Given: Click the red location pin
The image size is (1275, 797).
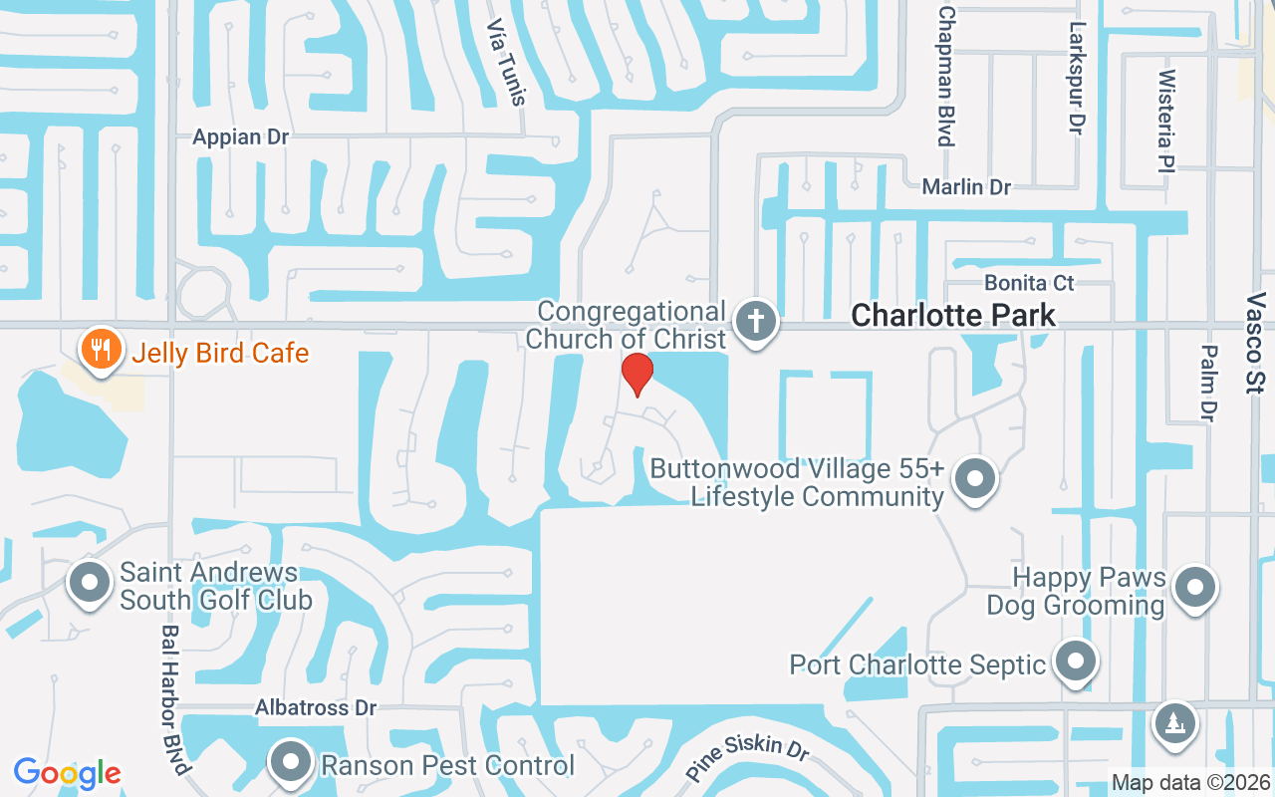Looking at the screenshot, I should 637,375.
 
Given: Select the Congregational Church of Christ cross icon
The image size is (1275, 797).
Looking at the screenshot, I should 756,322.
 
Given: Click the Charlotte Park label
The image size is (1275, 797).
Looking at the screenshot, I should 953,316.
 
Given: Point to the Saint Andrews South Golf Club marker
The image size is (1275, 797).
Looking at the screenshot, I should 91,583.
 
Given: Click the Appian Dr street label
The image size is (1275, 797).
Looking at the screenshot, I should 241,137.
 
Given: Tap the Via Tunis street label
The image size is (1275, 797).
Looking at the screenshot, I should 505,62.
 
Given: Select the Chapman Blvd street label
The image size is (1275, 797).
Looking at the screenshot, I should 946,75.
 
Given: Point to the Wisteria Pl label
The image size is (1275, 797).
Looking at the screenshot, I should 1167,106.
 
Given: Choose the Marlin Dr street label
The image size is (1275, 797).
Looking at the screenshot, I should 966,187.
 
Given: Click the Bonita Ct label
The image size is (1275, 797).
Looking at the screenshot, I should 1030,283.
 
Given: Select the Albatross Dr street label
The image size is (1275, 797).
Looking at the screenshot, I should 316,707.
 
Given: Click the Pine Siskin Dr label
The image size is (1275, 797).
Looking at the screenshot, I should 747,757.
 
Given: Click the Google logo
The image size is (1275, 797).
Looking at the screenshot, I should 68,773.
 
